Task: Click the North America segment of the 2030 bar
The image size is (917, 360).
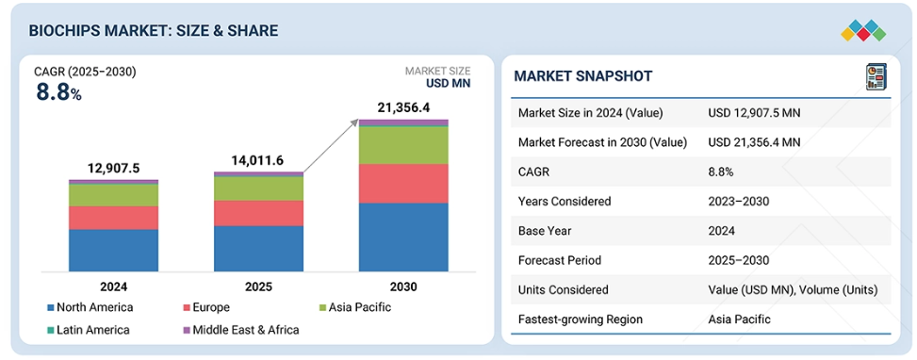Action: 403,237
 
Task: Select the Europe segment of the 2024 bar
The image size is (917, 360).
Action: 113,218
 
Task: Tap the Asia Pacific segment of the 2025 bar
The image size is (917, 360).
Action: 258,188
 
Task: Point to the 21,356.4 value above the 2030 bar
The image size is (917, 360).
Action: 403,108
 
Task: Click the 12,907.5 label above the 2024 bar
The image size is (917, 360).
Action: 113,169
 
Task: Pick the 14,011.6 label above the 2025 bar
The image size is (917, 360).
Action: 258,161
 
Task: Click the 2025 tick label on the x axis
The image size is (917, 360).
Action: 258,286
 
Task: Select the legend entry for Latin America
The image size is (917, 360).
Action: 89,330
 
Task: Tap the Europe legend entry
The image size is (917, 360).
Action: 206,307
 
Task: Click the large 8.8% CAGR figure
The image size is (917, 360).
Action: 58,92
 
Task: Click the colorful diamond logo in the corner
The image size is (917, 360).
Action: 863,31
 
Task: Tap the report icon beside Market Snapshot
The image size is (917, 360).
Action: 876,77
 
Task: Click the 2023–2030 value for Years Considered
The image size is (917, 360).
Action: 738,202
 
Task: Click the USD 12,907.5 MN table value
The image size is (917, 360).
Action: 754,113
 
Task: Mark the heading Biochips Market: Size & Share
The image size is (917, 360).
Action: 154,31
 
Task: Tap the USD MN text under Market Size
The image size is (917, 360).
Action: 448,83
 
